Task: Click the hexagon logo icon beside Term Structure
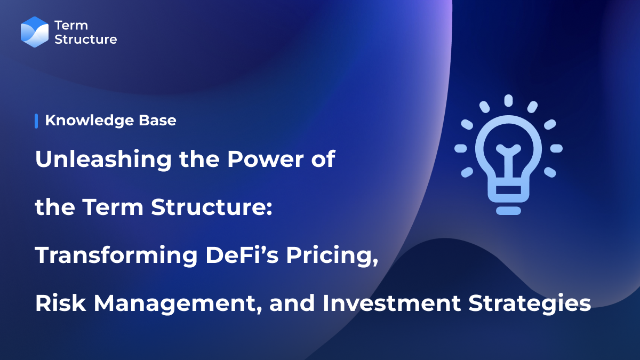35,32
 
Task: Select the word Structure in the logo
85,39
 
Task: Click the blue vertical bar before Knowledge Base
36,121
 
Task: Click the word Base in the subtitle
159,121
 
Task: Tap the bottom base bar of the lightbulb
508,210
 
